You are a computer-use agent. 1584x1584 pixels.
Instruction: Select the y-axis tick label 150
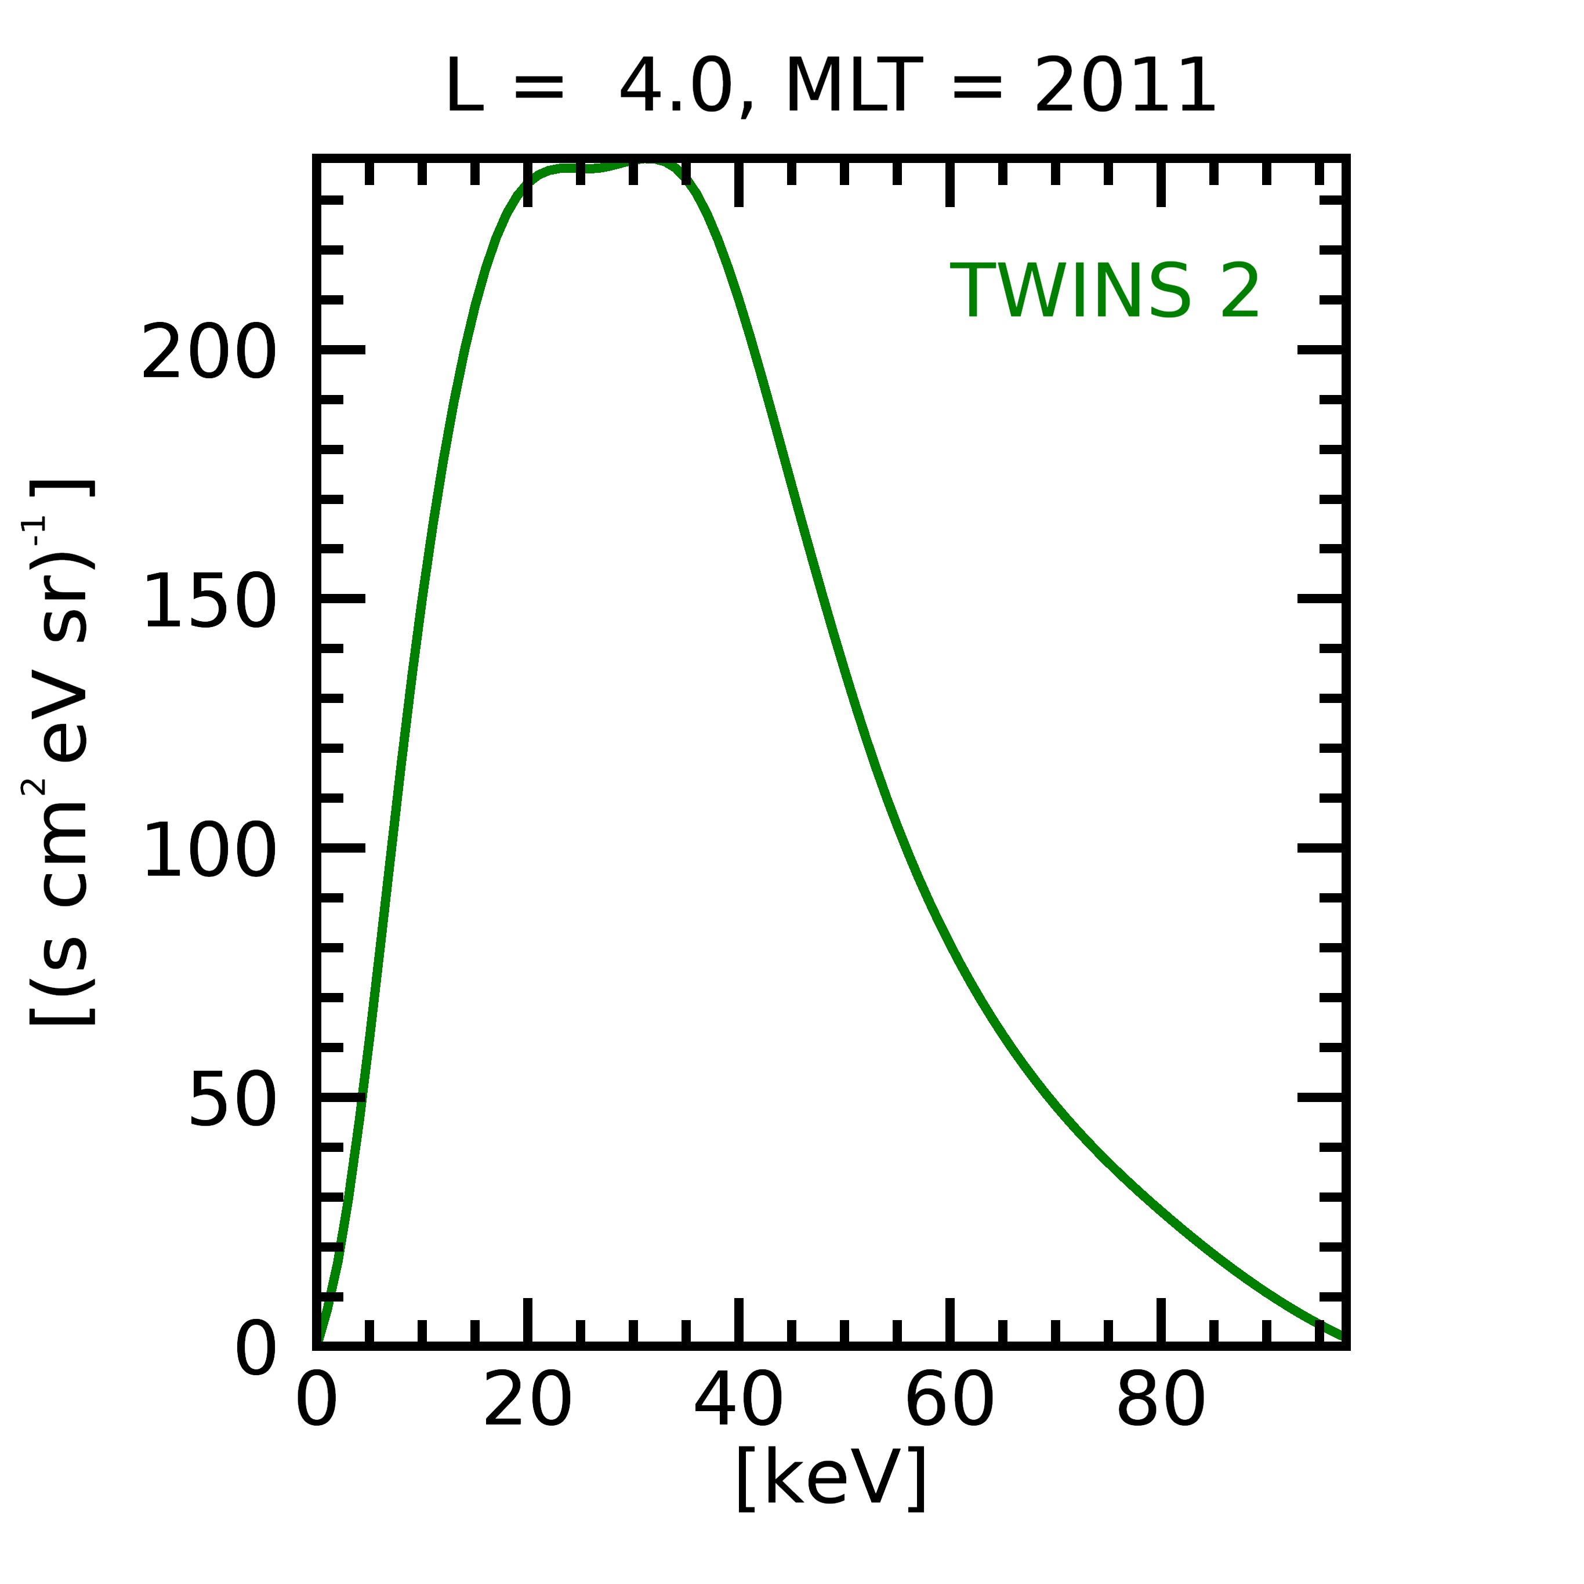click(209, 602)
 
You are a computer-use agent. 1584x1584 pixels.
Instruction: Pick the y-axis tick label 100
click(209, 850)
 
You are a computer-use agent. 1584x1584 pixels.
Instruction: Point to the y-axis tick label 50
click(232, 1100)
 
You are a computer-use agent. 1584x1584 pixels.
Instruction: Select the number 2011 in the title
click(1124, 86)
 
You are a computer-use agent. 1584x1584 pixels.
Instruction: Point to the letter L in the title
click(463, 86)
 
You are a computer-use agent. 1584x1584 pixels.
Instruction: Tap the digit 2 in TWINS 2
click(1239, 292)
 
